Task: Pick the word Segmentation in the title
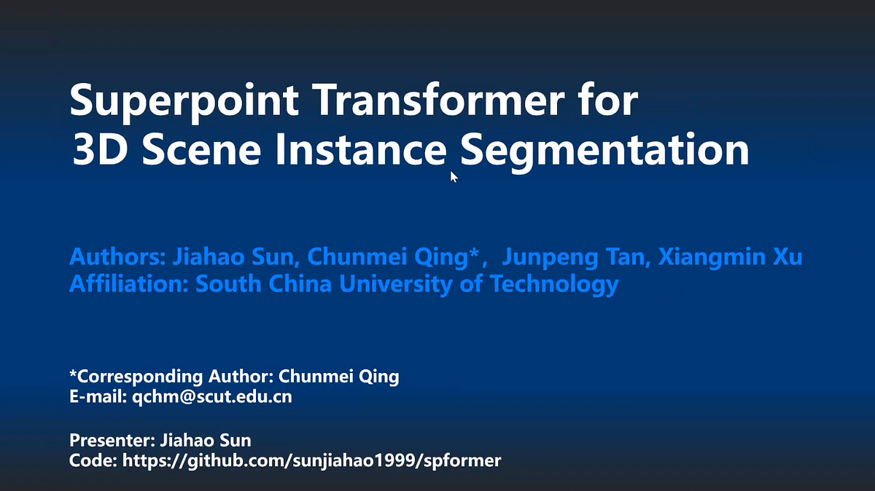pyautogui.click(x=605, y=152)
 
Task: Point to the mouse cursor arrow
pyautogui.click(x=454, y=176)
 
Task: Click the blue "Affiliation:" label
pyautogui.click(x=129, y=283)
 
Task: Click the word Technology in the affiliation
pyautogui.click(x=554, y=284)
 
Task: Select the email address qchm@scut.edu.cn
pyautogui.click(x=211, y=397)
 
